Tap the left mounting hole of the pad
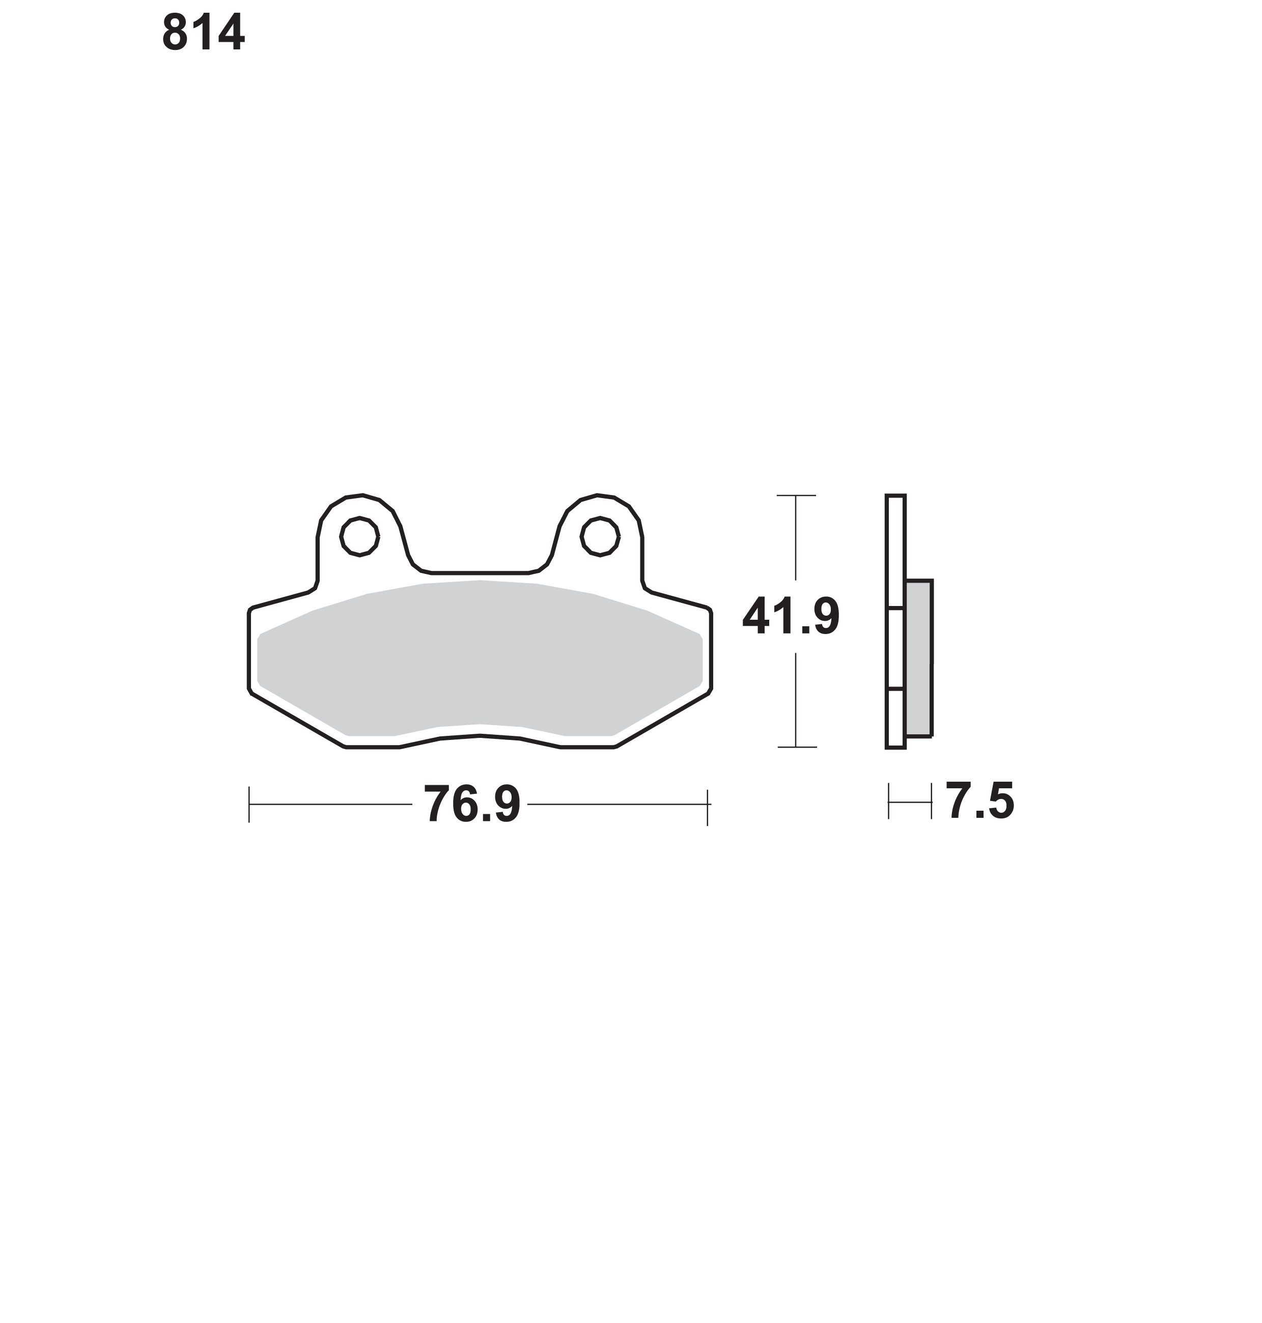tap(360, 536)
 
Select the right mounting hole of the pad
tap(600, 536)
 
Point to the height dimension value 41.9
tap(791, 616)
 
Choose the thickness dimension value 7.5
tap(980, 801)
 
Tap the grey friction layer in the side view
tap(919, 657)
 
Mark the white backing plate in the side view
tap(895, 622)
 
